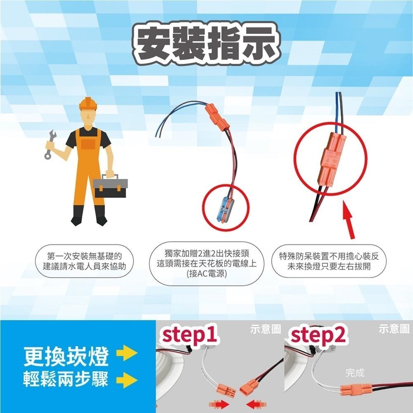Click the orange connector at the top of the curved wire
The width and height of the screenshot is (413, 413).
pos(217,115)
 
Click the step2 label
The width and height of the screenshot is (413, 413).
pos(318,335)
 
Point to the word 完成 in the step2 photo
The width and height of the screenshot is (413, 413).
pos(355,373)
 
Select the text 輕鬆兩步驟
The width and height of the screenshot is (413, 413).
pos(66,379)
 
